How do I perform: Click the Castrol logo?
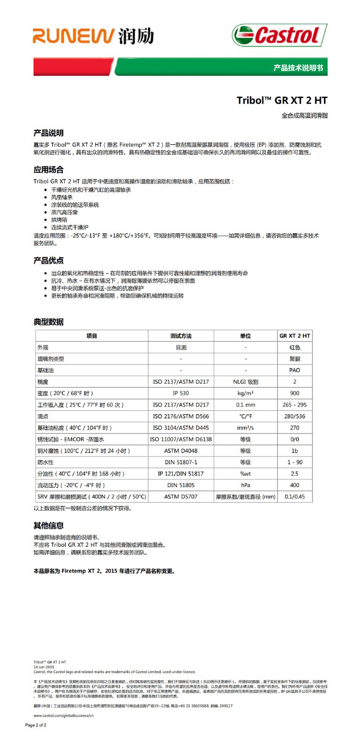279,36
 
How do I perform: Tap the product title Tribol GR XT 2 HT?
282,100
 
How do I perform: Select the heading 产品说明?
48,133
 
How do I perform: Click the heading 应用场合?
48,169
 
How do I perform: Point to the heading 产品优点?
48,261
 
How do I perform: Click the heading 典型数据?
48,322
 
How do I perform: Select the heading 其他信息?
48,526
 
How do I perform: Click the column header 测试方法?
180,336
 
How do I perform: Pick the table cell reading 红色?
294,348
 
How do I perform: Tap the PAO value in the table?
294,371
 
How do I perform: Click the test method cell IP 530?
180,394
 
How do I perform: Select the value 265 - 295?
294,405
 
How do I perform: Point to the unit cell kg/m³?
245,394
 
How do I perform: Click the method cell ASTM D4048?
180,451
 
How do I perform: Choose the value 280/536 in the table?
294,417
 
